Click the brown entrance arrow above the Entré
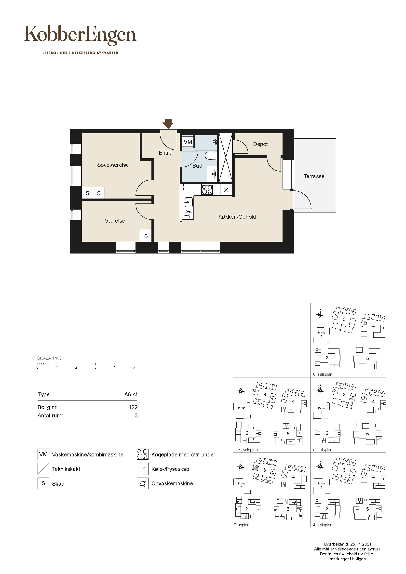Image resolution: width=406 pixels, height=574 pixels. click(x=168, y=124)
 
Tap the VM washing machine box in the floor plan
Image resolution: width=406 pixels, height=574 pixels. click(x=188, y=142)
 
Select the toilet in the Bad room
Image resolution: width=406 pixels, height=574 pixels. click(x=211, y=156)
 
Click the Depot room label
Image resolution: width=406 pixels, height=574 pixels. click(x=260, y=144)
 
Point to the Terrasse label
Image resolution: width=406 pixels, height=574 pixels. click(x=314, y=176)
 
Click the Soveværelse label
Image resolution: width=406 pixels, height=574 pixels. click(x=113, y=165)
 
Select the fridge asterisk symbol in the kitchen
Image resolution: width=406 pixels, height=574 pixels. click(x=226, y=190)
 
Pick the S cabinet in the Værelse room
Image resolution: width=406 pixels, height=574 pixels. click(x=146, y=236)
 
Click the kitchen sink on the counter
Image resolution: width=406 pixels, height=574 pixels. click(x=188, y=202)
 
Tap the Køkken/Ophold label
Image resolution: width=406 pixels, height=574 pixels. click(x=237, y=217)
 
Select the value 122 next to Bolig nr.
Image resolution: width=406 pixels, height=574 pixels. click(x=133, y=407)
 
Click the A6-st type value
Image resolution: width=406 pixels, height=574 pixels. click(x=131, y=395)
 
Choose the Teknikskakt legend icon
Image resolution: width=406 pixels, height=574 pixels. click(x=43, y=469)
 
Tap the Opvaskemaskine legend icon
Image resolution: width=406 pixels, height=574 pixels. click(x=143, y=483)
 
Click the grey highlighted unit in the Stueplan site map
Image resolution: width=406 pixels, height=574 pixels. click(x=255, y=468)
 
